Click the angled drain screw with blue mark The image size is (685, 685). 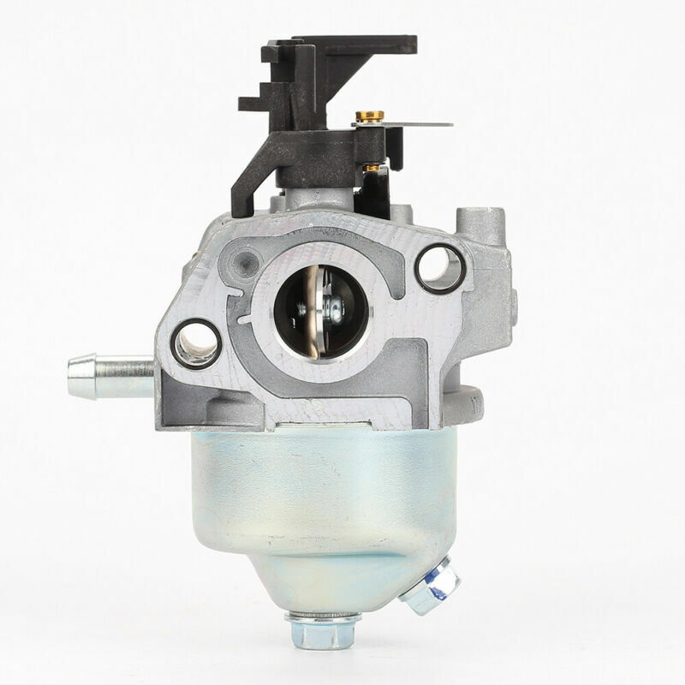click(x=432, y=589)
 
